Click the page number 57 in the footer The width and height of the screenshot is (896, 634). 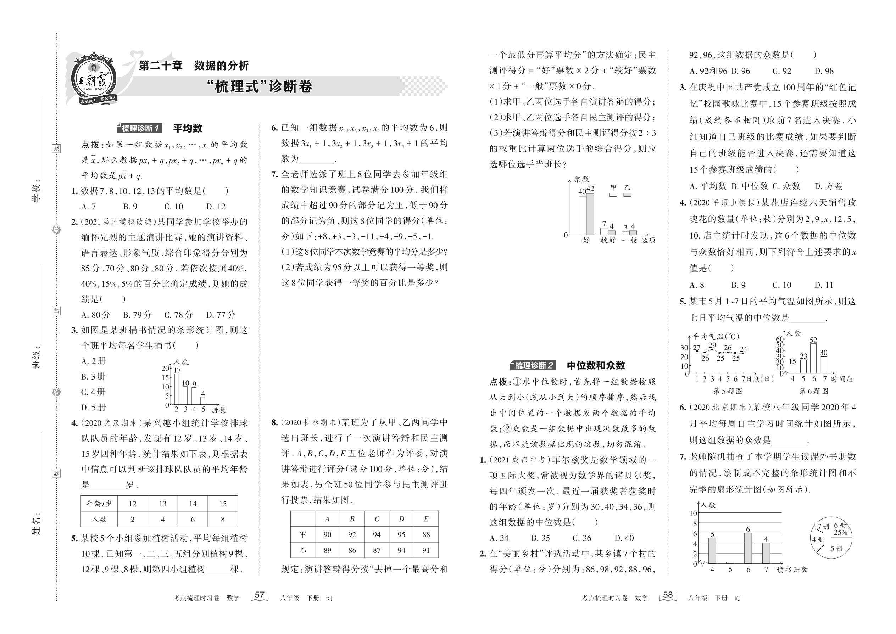[259, 595]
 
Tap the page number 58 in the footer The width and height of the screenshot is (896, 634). [668, 595]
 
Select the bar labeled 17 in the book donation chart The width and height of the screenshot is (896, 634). [177, 389]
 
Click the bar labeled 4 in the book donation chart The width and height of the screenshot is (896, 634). [203, 400]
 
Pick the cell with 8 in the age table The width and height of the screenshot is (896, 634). [223, 519]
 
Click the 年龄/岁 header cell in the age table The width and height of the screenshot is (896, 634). [99, 504]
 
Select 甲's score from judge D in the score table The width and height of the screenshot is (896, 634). [401, 534]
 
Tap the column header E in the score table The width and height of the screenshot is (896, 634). [426, 519]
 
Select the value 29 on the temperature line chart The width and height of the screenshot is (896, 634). [712, 346]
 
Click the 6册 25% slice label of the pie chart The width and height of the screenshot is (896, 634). [841, 529]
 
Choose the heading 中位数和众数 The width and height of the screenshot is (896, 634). [596, 365]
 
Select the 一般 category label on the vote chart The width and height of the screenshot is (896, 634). [629, 240]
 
